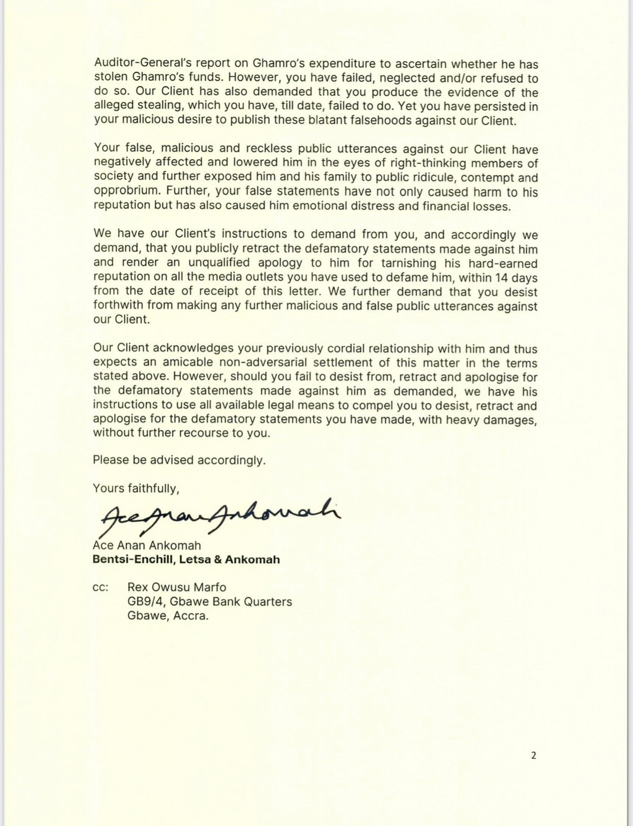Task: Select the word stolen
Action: (110, 78)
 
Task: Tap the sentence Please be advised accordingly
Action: (179, 460)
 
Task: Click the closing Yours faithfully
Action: (136, 489)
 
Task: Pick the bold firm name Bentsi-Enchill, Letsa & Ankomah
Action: (186, 560)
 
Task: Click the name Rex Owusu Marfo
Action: (177, 588)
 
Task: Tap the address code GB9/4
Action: (146, 602)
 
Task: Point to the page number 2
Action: (534, 755)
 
